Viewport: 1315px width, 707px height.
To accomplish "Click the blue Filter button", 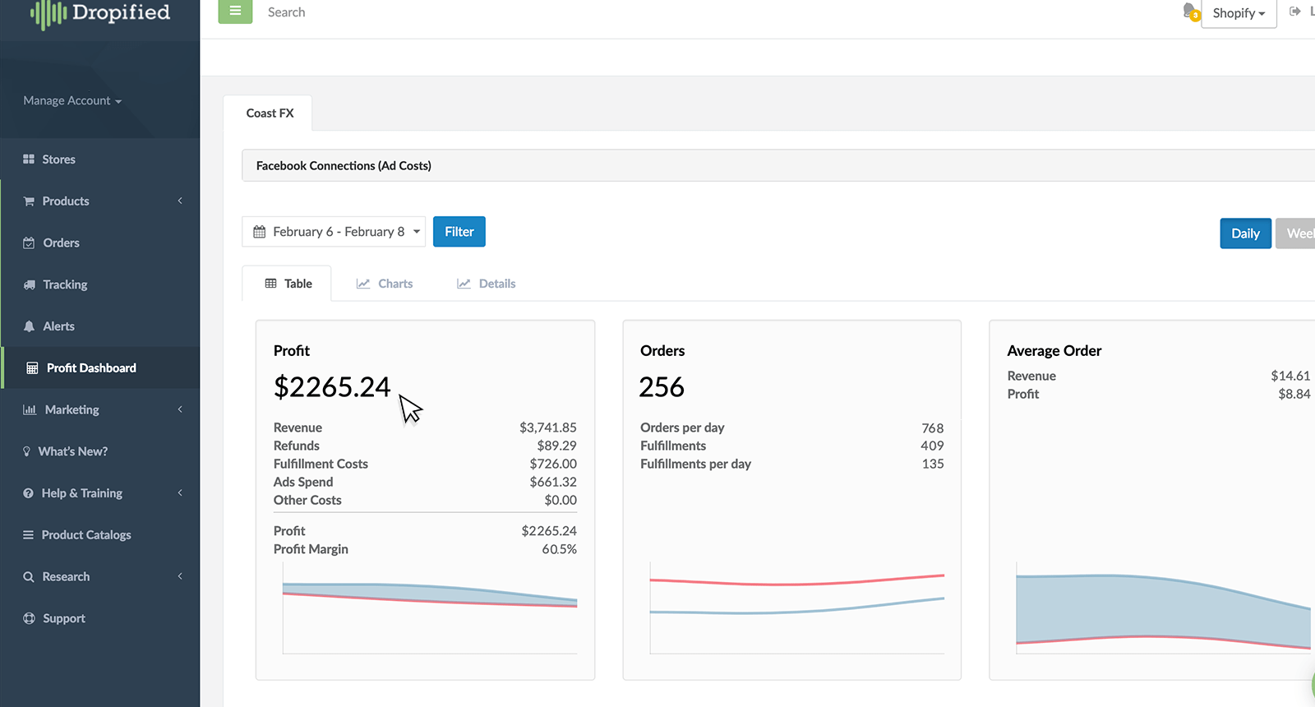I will coord(459,232).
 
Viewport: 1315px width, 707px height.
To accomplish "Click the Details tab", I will coord(486,284).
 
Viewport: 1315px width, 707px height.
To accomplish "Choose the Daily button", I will coord(1245,233).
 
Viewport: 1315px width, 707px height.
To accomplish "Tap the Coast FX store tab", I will coord(270,113).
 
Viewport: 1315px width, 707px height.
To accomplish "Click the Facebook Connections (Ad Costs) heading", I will coord(344,166).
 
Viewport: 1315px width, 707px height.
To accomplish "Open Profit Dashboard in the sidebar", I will coord(90,368).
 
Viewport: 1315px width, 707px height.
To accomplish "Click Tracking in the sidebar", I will coord(65,284).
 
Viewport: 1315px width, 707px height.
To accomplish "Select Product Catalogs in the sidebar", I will coord(85,535).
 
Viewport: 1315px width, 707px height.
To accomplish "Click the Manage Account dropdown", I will coord(72,101).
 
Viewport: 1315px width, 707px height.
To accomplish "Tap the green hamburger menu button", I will coord(235,12).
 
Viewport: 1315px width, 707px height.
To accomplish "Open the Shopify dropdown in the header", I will coord(1238,13).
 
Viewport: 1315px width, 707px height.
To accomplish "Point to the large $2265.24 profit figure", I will coord(332,386).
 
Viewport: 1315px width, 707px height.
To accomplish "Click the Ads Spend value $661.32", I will coord(552,482).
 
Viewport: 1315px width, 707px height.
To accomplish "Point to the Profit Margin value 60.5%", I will coord(559,549).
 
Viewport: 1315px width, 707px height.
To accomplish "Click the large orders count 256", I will coord(661,387).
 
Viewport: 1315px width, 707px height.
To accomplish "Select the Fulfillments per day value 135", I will coord(932,464).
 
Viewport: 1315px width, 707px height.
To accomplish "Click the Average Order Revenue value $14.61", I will coord(1290,376).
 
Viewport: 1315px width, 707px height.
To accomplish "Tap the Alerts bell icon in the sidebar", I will coord(30,326).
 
